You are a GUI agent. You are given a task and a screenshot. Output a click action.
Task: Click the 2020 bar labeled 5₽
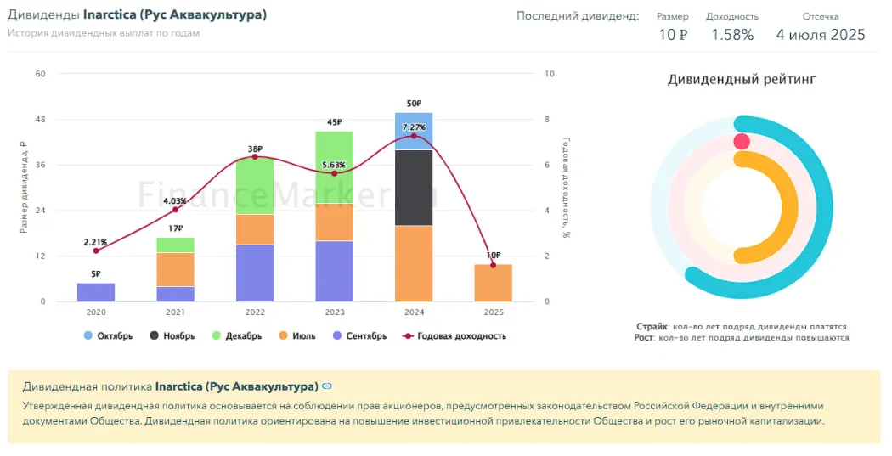point(96,292)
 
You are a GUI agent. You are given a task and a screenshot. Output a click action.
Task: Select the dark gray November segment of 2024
point(414,187)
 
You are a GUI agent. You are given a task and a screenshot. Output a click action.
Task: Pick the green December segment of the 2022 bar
point(255,185)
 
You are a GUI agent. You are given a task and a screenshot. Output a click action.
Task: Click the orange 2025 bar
point(494,283)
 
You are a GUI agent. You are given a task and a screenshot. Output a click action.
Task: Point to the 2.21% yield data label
point(95,242)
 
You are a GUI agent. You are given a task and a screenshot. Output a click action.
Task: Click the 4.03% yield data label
point(176,200)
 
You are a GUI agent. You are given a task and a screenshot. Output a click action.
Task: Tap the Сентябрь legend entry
point(360,335)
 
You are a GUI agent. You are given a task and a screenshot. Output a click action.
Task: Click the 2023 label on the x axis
point(334,312)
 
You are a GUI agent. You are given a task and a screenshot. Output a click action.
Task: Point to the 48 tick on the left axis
point(40,119)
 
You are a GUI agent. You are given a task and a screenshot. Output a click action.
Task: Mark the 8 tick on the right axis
point(549,119)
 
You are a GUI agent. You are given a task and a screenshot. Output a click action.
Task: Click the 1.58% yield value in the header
point(732,35)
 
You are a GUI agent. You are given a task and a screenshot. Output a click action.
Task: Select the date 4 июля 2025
point(820,35)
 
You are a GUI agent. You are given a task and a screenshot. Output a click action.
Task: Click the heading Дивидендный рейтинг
point(741,80)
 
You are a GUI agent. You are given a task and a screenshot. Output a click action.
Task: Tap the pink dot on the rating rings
point(742,142)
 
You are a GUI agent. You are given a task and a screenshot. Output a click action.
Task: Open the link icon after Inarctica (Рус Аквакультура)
point(327,386)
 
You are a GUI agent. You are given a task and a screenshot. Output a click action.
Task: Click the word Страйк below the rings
point(651,326)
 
